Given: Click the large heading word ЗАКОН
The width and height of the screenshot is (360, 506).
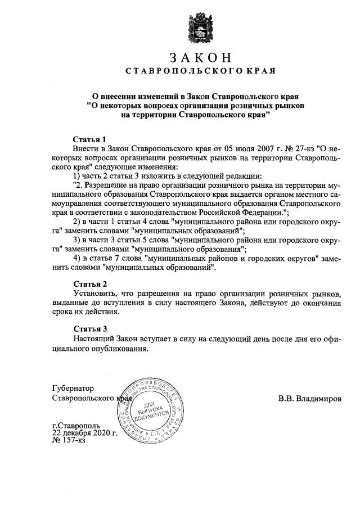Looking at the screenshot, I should [200, 58].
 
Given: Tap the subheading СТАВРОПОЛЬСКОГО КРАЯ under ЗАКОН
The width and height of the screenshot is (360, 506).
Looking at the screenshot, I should [200, 71].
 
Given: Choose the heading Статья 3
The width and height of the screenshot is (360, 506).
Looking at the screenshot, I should [90, 328].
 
